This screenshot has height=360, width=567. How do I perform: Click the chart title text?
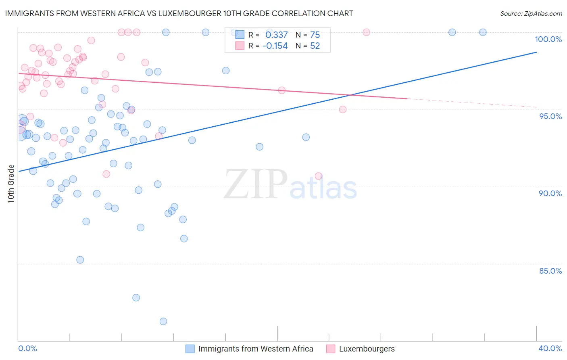click(x=179, y=13)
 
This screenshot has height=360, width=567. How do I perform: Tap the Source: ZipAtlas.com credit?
click(x=531, y=13)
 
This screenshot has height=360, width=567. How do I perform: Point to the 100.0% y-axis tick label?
click(x=548, y=39)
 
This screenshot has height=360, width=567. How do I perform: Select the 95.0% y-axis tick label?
click(x=550, y=116)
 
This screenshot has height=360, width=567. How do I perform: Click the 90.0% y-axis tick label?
click(x=550, y=193)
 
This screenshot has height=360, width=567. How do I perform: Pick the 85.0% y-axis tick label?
click(x=550, y=270)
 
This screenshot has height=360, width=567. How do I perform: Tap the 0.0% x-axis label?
click(x=27, y=348)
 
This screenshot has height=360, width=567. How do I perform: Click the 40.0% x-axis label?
click(x=550, y=348)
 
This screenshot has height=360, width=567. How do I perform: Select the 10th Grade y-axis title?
click(x=11, y=184)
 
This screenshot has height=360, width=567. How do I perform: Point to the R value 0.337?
click(x=276, y=35)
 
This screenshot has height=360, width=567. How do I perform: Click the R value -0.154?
click(x=275, y=46)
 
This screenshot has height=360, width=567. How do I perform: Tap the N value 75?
click(x=315, y=35)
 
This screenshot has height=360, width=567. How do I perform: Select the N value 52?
click(x=315, y=46)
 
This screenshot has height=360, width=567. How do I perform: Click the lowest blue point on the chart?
click(x=163, y=321)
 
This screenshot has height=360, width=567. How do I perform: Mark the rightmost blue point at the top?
click(x=483, y=32)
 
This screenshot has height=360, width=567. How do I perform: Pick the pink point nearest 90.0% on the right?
click(x=319, y=176)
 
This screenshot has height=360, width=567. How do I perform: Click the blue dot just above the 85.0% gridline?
click(x=80, y=260)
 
